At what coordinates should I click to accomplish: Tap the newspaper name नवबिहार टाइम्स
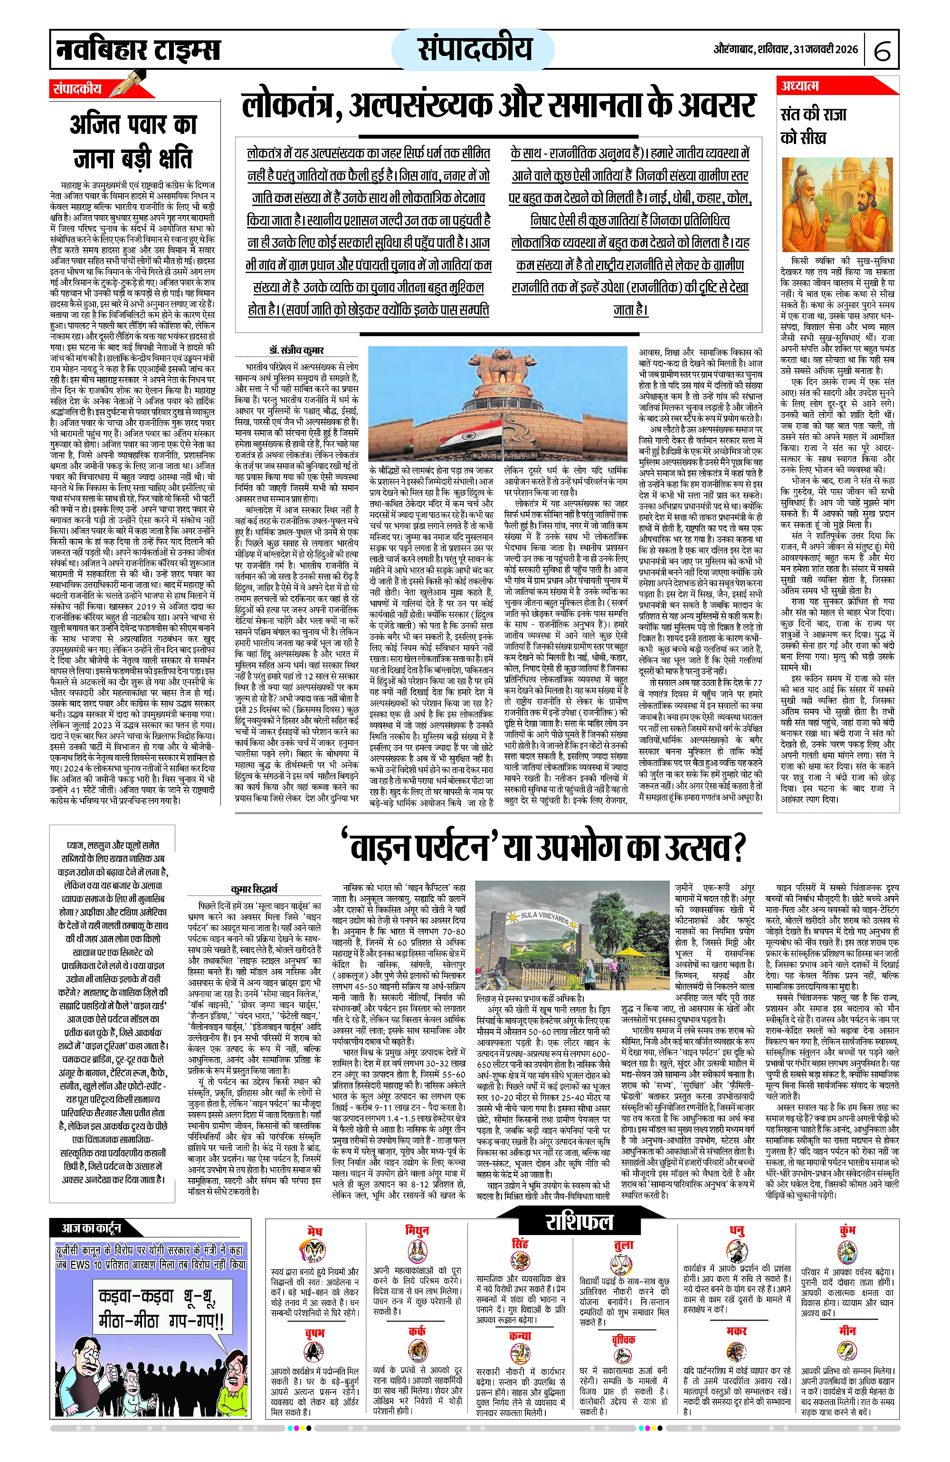click(x=138, y=49)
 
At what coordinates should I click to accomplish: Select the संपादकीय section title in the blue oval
click(x=475, y=48)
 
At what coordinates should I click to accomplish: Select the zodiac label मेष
click(x=314, y=1232)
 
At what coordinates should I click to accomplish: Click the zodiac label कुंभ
click(x=847, y=1230)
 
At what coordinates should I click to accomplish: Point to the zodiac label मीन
click(x=847, y=1330)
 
